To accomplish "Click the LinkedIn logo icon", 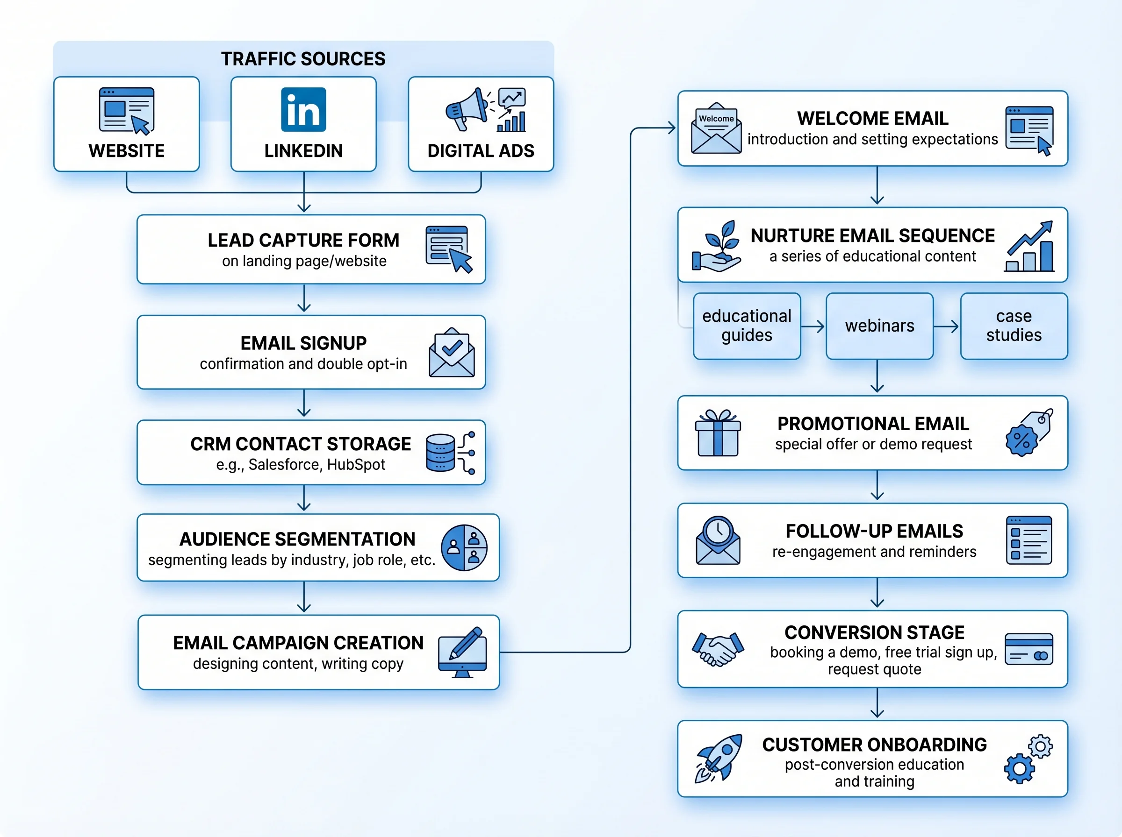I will click(x=303, y=109).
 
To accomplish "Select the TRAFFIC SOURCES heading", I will click(x=303, y=59).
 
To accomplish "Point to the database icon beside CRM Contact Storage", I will click(x=440, y=453).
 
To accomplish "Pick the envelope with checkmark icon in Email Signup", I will click(x=451, y=353).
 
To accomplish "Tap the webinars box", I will click(x=879, y=326).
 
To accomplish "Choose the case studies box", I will click(x=1014, y=326).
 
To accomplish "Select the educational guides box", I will click(x=746, y=326).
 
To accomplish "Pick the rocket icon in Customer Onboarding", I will click(x=719, y=758).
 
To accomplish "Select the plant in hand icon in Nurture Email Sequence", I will click(x=717, y=246).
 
